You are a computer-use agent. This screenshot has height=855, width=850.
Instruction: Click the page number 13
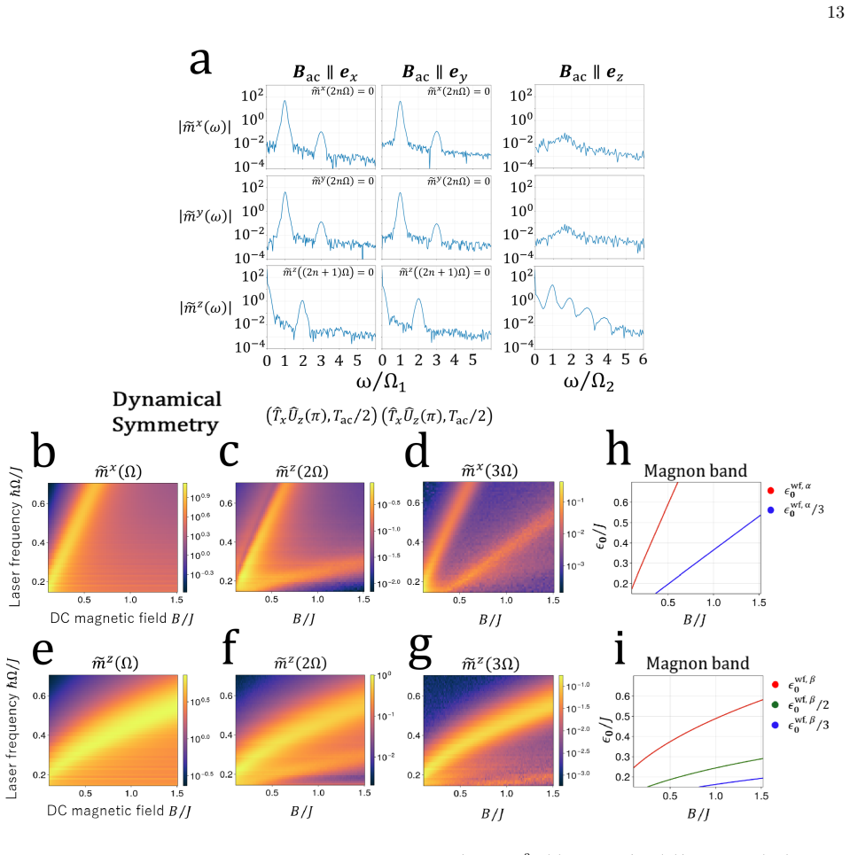coord(836,12)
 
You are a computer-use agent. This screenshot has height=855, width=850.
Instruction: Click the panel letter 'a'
coord(200,62)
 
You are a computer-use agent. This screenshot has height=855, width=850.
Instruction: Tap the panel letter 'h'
coord(618,448)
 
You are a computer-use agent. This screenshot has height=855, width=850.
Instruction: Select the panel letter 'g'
coord(421,650)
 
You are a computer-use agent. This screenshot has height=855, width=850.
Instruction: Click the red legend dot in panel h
coord(770,491)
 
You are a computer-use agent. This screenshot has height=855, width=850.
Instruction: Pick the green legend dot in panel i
coord(776,704)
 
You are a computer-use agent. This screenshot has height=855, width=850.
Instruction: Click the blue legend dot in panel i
coord(776,725)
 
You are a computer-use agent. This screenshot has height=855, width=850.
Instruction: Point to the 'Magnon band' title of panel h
coord(696,470)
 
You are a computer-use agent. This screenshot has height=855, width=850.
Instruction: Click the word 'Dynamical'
coord(167,400)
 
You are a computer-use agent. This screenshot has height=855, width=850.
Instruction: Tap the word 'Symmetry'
coord(166,424)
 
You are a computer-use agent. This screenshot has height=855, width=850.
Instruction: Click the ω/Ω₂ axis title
coord(589,382)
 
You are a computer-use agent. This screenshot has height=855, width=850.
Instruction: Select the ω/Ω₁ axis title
coord(381,382)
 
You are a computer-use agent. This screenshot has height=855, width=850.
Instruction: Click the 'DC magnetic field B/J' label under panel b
coord(121,618)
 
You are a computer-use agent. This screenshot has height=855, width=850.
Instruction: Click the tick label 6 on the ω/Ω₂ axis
coord(643,360)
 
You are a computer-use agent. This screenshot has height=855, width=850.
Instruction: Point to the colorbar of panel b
coord(185,537)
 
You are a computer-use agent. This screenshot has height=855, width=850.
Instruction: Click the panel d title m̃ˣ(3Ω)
coord(489,470)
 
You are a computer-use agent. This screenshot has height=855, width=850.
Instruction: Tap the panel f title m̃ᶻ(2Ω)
coord(300,663)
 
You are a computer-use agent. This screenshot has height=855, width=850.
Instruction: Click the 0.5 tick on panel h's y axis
coord(621,523)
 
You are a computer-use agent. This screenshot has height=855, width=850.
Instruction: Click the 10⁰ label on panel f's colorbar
coord(384,676)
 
